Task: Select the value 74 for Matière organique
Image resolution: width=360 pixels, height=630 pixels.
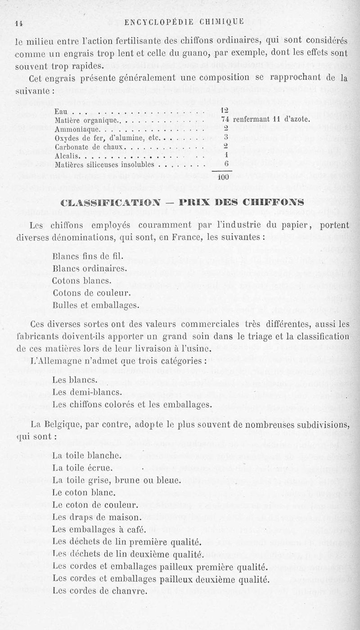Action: [226, 120]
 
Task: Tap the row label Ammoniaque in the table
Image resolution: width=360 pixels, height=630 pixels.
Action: [75, 128]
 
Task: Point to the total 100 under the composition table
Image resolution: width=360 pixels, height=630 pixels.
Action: [224, 177]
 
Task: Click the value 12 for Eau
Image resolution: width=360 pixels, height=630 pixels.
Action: [226, 111]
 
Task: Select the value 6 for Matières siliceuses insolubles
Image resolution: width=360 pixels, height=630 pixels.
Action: [226, 165]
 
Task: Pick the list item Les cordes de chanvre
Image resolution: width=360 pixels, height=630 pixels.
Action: [100, 591]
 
